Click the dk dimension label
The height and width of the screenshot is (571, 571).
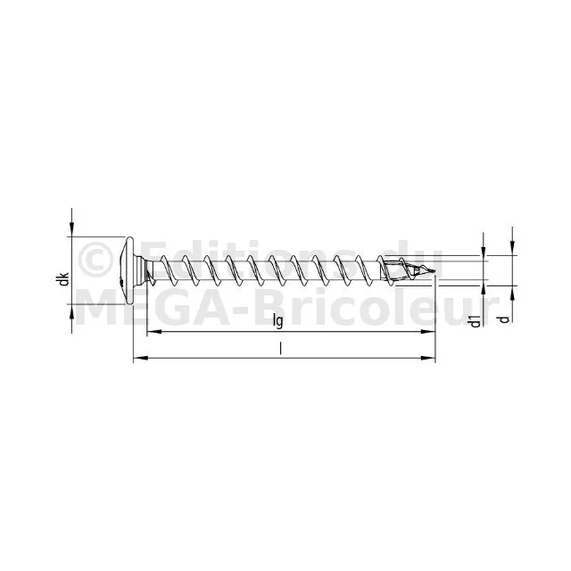coord(64,279)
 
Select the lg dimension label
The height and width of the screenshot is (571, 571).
coord(277,321)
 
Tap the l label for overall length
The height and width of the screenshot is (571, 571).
coord(280,349)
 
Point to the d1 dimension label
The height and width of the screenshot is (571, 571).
coord(476,322)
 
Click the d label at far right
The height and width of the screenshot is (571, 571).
coord(504,319)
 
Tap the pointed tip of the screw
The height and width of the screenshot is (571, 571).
coord(434,271)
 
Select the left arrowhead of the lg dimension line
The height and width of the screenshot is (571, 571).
coord(153,331)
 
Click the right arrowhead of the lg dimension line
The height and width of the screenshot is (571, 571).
coord(428,331)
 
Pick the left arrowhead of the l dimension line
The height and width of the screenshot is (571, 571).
coord(141,359)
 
